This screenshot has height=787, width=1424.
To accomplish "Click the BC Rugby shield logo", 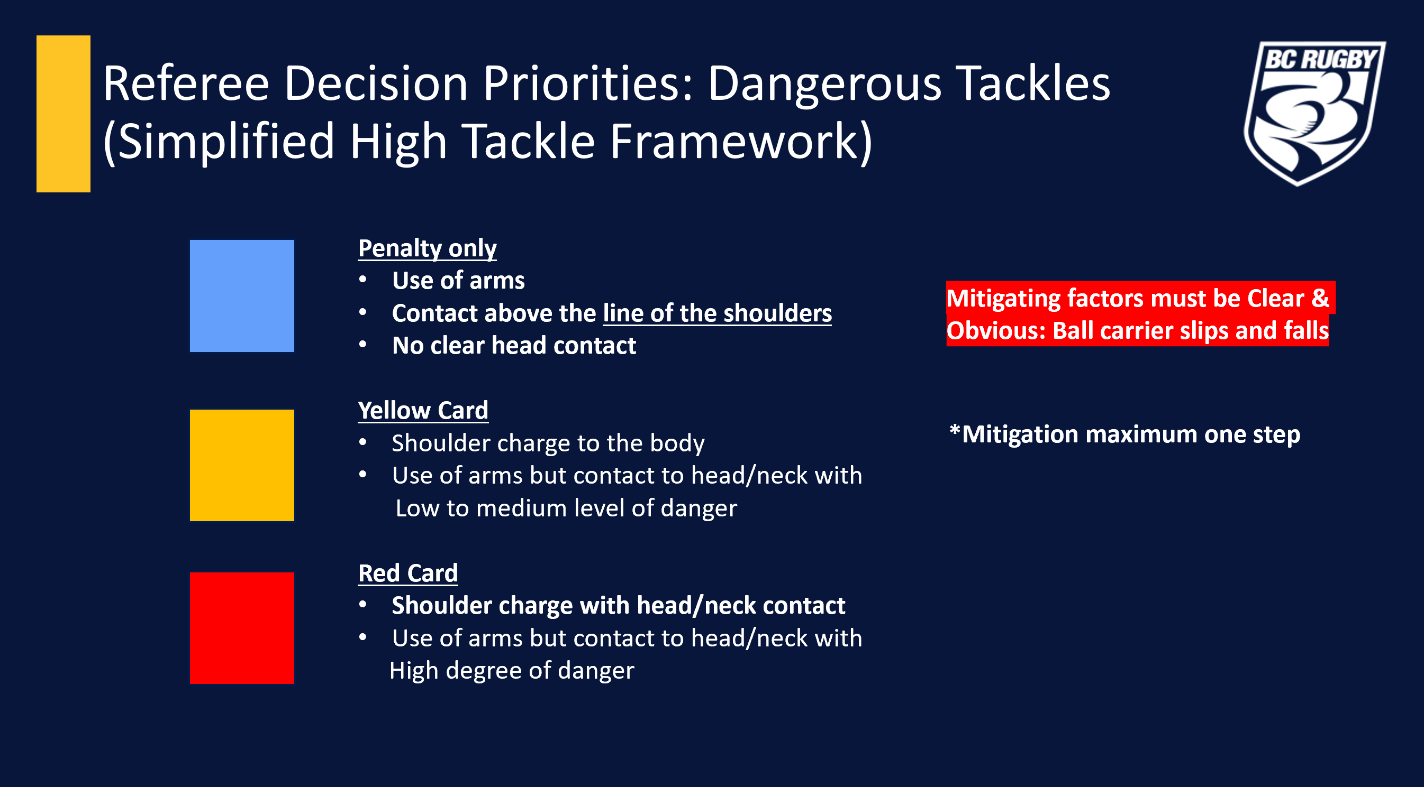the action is coord(1314,113).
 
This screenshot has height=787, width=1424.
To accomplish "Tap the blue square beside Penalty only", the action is coord(242,295).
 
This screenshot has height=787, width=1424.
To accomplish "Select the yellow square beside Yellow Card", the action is coord(242,465).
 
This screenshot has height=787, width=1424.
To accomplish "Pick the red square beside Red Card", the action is coord(242,628).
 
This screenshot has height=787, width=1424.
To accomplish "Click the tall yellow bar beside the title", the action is coord(64,114).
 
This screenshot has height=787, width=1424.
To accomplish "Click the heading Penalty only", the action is coord(428,248).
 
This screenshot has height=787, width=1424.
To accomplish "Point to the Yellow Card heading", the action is coord(423,410).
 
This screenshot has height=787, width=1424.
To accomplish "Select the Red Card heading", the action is coord(408,573).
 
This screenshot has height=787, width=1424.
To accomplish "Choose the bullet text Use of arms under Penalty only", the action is coord(458,281).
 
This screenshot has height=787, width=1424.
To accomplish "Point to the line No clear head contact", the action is coord(514,346).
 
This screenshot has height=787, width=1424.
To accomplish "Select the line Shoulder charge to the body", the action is coord(548,443).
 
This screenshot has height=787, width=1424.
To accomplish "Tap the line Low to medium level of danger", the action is coord(566,508).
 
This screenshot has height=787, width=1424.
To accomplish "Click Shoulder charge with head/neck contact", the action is coord(619,605).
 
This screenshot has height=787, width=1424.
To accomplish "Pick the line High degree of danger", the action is coord(512,671).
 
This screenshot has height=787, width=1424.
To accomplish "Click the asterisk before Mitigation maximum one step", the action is coord(955,429).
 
